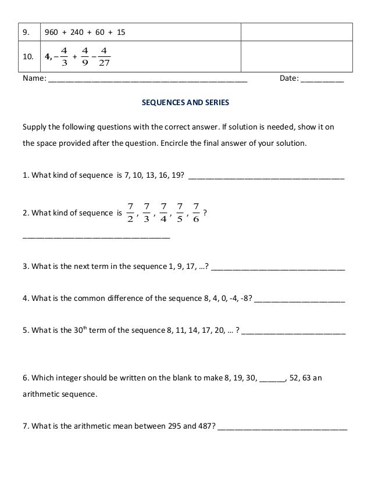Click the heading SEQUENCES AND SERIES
(x=186, y=103)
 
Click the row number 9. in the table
(x=26, y=32)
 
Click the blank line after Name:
(x=148, y=79)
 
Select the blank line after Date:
(x=322, y=79)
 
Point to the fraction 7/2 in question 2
(x=130, y=213)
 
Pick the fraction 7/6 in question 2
(x=195, y=213)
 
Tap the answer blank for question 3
(x=279, y=269)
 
